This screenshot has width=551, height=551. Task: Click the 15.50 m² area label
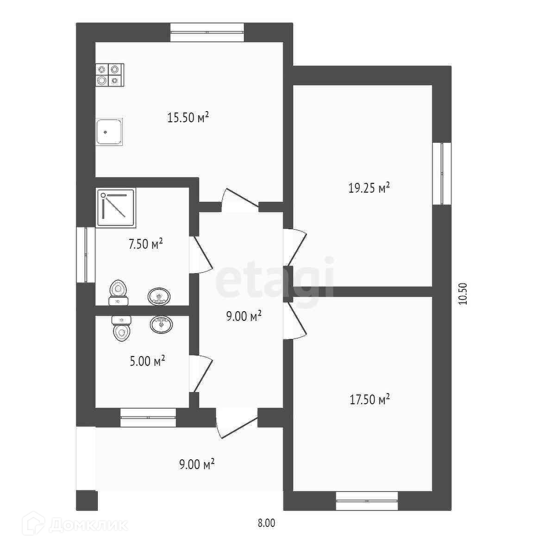[188, 117]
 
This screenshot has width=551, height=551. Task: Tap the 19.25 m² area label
[369, 188]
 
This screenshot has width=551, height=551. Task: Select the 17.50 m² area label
[369, 400]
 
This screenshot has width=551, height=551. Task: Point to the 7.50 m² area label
[146, 244]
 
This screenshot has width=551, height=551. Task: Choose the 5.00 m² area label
[147, 361]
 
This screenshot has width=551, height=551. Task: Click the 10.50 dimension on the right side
[463, 294]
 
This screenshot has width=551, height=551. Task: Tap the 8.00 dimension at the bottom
[266, 523]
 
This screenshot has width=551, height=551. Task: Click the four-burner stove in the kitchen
[110, 75]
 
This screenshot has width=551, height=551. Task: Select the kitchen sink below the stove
[109, 132]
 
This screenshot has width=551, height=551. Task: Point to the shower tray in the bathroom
[116, 208]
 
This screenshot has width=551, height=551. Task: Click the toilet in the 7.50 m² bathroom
[119, 292]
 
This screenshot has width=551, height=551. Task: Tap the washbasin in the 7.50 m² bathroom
[159, 296]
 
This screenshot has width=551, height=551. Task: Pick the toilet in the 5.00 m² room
[122, 328]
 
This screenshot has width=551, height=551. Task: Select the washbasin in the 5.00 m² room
[161, 324]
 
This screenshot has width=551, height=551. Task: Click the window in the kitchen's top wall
[207, 32]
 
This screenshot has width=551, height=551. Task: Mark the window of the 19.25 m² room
[442, 173]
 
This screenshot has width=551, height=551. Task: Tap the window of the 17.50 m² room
[367, 501]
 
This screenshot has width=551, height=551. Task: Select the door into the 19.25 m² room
[295, 247]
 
